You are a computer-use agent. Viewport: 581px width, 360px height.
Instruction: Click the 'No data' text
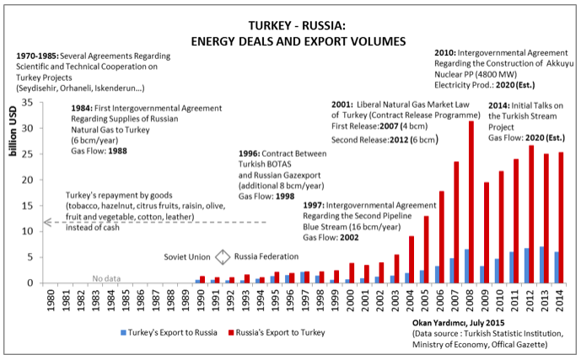(x=105, y=277)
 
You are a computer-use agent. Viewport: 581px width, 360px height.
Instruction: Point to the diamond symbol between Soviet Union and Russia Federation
(x=223, y=257)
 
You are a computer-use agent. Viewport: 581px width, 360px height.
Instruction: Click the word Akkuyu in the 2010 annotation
(x=554, y=64)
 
